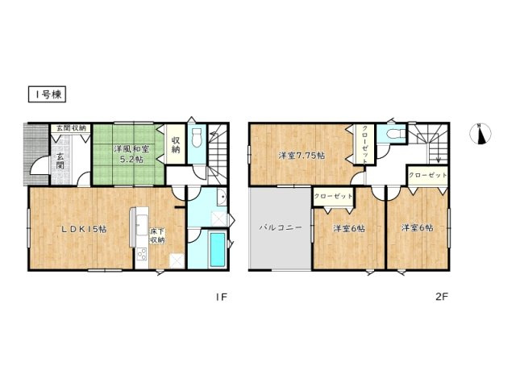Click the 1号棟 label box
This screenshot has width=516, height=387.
point(47,94)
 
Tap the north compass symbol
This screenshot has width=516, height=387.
point(480,134)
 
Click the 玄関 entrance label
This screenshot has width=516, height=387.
point(60,161)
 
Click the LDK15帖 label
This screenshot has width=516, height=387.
point(84,229)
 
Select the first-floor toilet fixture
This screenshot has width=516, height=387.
point(197,138)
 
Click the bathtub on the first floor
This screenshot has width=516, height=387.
point(217,249)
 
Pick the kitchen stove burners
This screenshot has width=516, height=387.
point(142,255)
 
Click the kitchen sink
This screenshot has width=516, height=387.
point(142,225)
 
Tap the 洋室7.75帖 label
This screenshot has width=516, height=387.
point(302,155)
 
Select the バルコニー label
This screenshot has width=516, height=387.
point(280,227)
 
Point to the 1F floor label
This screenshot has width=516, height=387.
point(221,298)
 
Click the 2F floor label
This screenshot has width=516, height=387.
point(442,297)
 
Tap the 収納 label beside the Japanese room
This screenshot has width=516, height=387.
point(176,144)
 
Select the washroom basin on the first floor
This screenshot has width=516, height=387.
point(223,197)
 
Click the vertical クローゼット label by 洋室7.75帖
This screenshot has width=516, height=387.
point(365,144)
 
